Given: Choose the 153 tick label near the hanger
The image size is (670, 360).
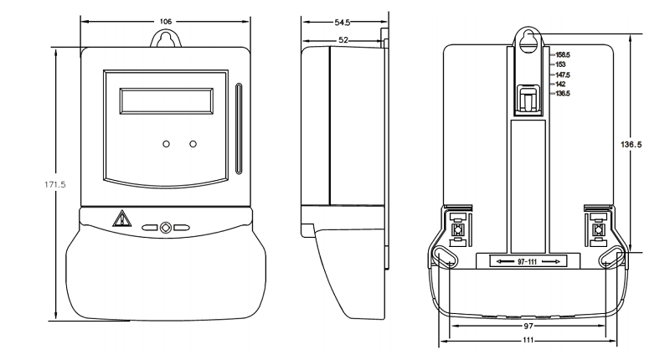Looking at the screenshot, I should (559, 64).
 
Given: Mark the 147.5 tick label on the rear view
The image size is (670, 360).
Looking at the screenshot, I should (562, 75).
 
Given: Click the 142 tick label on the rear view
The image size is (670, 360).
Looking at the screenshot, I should (559, 85).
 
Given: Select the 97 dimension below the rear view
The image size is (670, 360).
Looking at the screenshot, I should (528, 324).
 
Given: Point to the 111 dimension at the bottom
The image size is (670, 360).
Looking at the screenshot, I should (528, 342).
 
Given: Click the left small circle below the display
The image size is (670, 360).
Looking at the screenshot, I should (167, 144).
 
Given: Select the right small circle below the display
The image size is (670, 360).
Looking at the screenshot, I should (193, 144).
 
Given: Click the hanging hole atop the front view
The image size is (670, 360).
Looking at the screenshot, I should (164, 39).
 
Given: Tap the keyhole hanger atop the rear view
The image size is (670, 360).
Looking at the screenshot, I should (528, 41).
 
